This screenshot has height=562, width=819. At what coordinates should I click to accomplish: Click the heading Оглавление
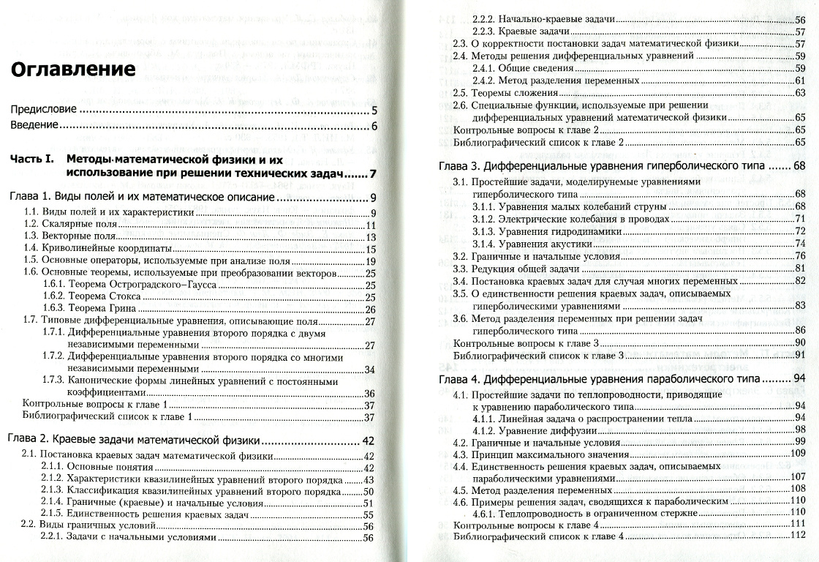coord(72,70)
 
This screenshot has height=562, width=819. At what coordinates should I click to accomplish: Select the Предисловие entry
coord(43,110)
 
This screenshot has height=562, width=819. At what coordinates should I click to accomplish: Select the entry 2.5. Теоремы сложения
coord(505,93)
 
